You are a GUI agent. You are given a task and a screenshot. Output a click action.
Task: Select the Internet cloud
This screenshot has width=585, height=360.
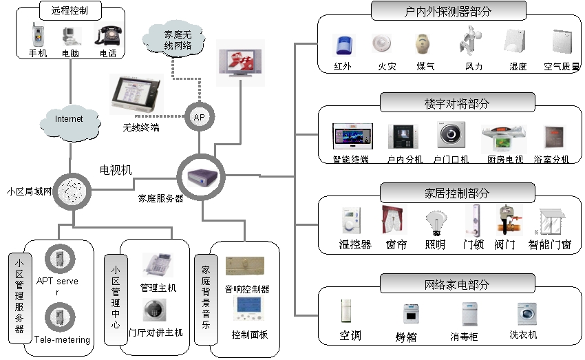point(69,120)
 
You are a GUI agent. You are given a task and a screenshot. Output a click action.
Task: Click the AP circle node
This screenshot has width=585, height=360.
point(199,118)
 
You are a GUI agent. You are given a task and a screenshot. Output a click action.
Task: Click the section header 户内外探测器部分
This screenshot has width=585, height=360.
point(448,11)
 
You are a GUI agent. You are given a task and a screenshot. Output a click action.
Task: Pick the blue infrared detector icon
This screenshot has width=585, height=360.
point(342,45)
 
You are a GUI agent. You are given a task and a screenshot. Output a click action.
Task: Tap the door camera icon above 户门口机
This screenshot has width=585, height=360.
point(451,135)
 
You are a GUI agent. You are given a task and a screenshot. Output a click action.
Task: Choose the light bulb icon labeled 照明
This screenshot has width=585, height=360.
point(434,222)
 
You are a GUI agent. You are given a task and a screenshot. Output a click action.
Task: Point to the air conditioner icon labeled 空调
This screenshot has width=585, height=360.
point(350,313)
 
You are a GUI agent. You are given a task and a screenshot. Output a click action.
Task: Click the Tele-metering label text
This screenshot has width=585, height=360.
point(62,339)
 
